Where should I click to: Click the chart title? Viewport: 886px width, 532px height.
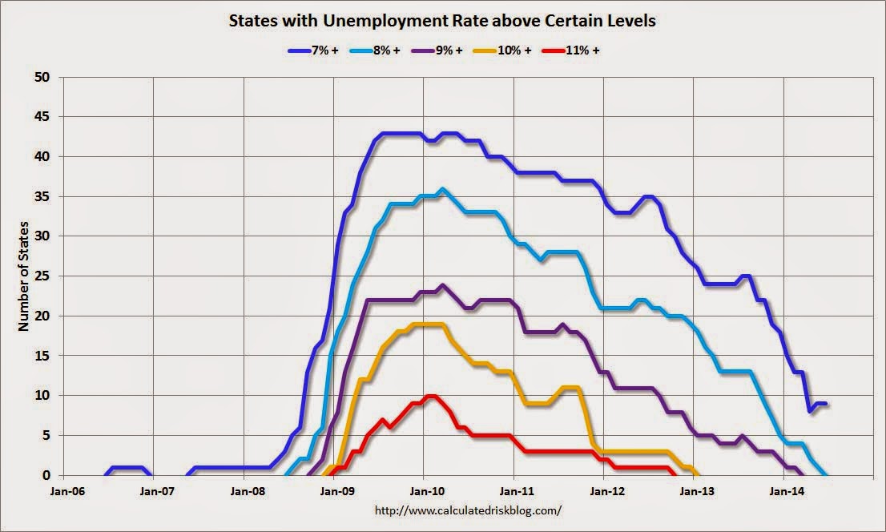pos(443,21)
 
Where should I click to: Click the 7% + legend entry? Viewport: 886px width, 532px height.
pos(314,50)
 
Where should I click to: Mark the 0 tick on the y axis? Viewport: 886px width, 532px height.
pos(44,475)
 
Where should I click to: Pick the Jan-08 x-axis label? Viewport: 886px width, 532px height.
pos(246,490)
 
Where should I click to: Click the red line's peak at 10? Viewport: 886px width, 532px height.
pos(431,396)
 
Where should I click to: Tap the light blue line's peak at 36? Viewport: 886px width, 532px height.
pos(442,189)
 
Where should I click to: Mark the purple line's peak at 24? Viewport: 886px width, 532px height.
pos(442,284)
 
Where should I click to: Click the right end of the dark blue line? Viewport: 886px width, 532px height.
pos(826,404)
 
